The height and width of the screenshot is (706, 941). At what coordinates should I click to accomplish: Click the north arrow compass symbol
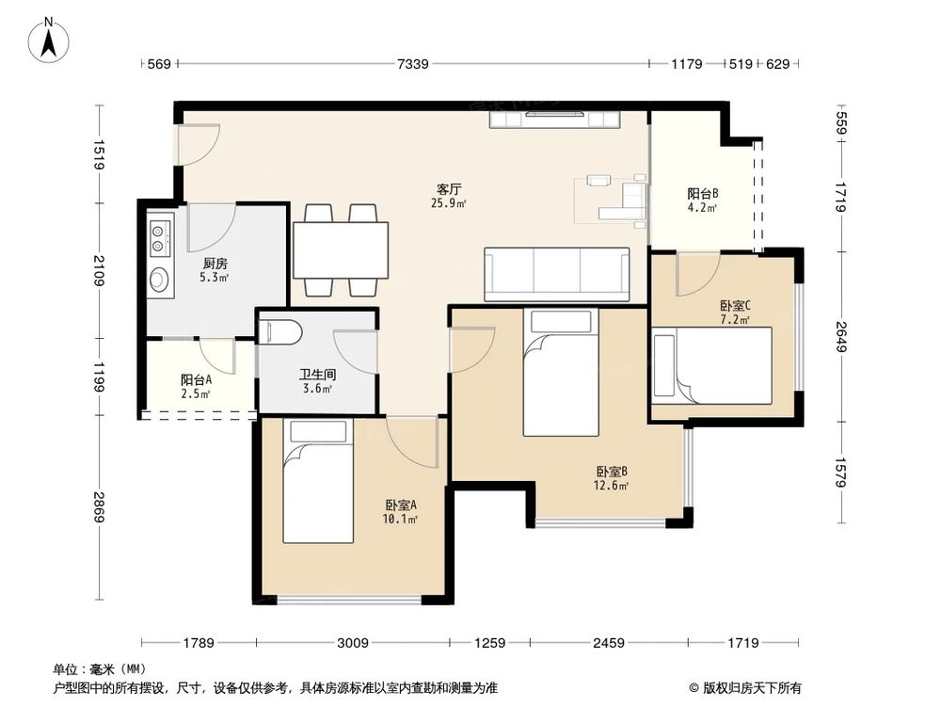tap(49, 40)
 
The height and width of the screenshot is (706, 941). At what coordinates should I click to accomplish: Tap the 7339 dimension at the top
tap(413, 64)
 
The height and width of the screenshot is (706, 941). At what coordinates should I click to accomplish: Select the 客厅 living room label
tap(448, 190)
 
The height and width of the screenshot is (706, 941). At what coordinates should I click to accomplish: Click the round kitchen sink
tap(159, 280)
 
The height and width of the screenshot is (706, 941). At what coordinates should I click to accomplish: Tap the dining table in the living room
tap(341, 249)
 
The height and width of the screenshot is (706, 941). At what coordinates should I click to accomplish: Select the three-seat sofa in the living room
tap(556, 274)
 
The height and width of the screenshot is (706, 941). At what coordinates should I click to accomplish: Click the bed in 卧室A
tap(318, 481)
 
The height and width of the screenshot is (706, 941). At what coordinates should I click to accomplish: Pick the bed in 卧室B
tap(561, 372)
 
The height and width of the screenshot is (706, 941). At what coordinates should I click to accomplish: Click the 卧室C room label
tap(735, 306)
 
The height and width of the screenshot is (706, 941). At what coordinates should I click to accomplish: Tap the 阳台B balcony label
tap(703, 194)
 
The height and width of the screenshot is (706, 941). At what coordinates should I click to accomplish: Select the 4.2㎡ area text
tap(703, 208)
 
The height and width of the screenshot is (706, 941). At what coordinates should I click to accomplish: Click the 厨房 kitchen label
tap(215, 264)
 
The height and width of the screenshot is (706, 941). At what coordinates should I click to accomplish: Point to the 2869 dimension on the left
tap(99, 507)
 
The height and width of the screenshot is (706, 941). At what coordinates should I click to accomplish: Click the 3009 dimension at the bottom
tap(352, 643)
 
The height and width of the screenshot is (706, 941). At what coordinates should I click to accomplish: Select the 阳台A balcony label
tap(196, 380)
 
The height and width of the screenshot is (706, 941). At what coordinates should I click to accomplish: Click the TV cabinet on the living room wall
tap(554, 119)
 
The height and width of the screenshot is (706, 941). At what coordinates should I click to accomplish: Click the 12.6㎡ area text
tap(611, 486)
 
